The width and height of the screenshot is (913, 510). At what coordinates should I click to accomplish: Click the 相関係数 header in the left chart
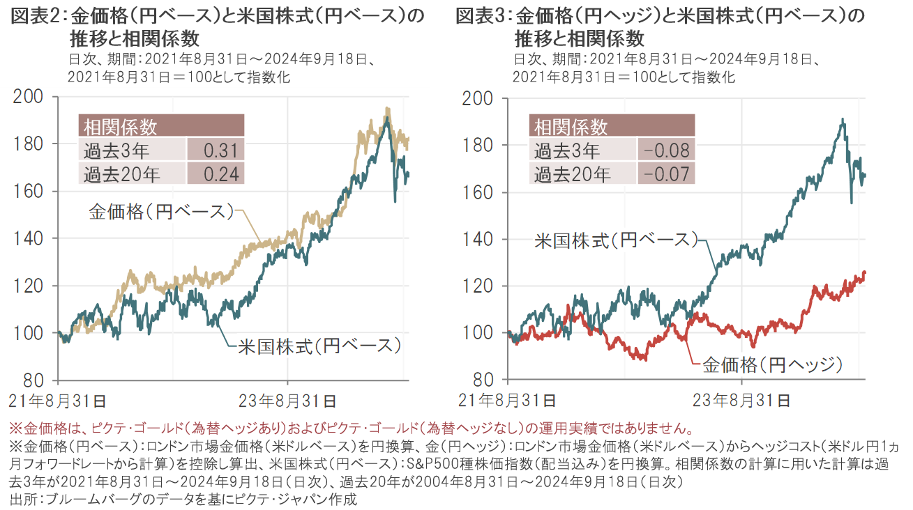[x=121, y=127]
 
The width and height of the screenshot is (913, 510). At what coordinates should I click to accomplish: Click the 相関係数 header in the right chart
[x=571, y=127]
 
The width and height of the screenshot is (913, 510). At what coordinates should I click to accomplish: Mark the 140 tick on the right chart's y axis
[x=481, y=240]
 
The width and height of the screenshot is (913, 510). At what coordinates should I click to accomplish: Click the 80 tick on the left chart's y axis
[x=36, y=381]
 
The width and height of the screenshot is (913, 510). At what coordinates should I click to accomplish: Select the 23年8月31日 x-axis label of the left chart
[x=288, y=401]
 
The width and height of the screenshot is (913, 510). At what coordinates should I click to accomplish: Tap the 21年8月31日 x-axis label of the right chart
[x=508, y=401]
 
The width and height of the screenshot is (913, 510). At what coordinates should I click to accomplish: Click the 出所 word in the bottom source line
[x=23, y=499]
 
